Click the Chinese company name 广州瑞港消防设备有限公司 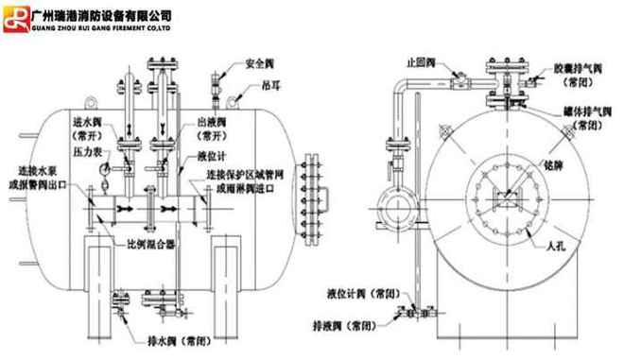(x=101, y=14)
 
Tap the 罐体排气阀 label (x=587, y=112)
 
